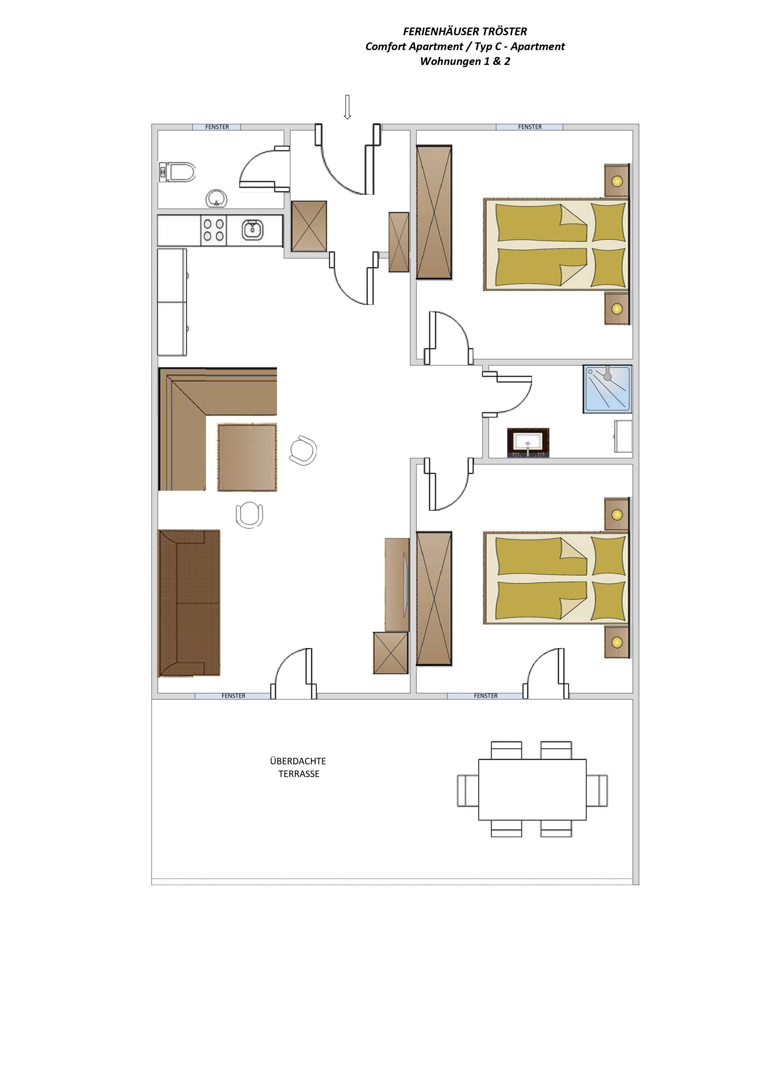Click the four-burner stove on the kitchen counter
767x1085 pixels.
pos(214,230)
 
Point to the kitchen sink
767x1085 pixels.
pos(252,230)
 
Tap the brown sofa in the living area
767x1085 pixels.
pos(189,603)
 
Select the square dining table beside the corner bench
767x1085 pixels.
pos(247,457)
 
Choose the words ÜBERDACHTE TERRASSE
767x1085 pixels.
pos(298,767)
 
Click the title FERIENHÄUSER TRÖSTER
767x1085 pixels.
pos(465,32)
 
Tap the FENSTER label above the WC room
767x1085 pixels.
pos(217,127)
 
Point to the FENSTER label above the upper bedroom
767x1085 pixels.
pos(530,127)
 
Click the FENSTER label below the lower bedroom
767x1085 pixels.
pos(486,696)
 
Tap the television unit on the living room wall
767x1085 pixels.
pos(397,585)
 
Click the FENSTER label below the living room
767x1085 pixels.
pos(233,696)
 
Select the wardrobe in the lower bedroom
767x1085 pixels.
pos(434,598)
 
